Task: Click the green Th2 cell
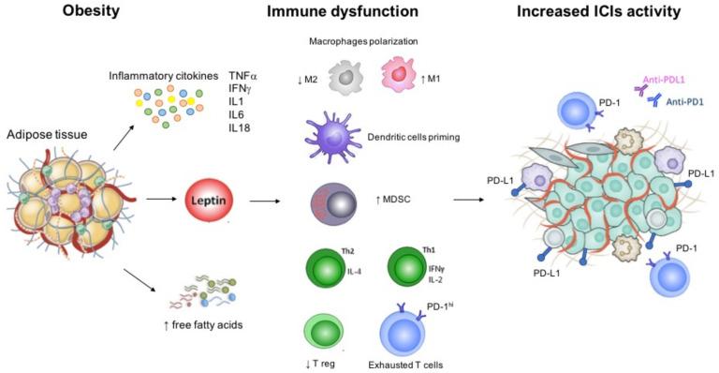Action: click(x=321, y=261)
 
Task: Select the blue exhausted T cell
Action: click(x=404, y=333)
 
